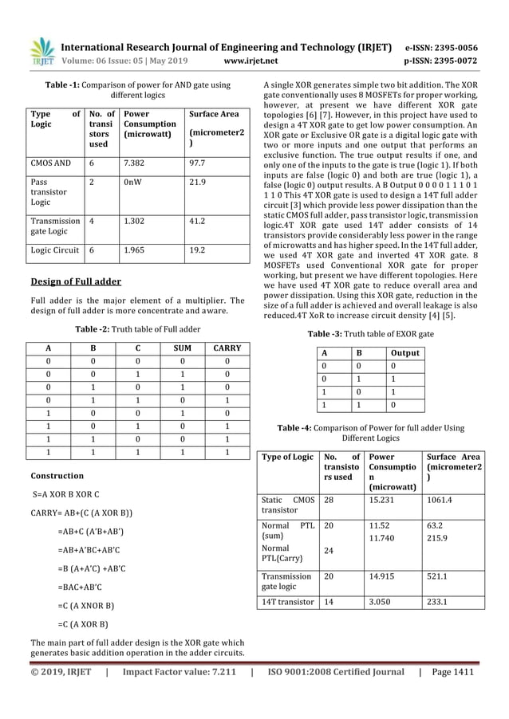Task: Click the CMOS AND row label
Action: coord(50,163)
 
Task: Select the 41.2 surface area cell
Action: coord(196,225)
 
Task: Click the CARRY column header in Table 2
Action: coord(226,348)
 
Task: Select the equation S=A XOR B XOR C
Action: coord(66,494)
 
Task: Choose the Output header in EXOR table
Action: coord(404,352)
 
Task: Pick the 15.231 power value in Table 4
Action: coord(382,501)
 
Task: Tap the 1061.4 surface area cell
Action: coord(441,501)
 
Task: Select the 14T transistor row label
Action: coord(288,602)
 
